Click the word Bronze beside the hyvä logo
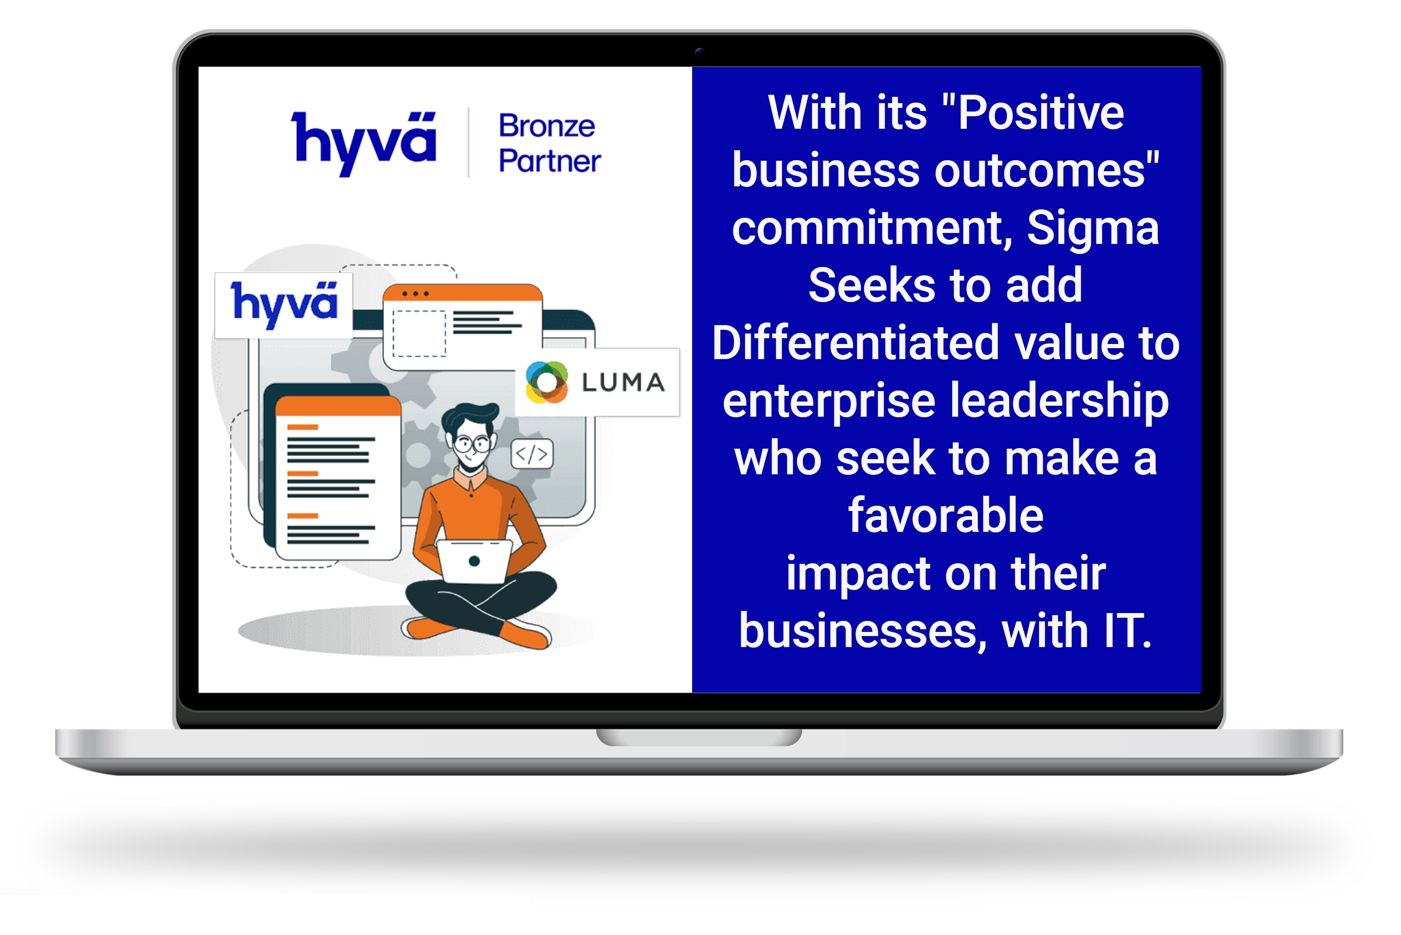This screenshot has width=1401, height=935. click(x=547, y=126)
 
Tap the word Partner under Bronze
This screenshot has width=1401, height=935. click(x=550, y=161)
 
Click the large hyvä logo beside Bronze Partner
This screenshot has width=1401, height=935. click(x=364, y=143)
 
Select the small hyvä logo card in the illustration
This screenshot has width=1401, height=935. click(x=284, y=305)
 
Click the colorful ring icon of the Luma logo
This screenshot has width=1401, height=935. click(x=547, y=382)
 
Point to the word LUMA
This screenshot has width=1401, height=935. click(x=623, y=382)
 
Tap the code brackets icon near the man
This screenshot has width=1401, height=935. click(x=532, y=454)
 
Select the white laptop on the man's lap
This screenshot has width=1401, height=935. click(x=474, y=561)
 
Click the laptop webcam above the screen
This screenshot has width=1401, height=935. click(x=699, y=52)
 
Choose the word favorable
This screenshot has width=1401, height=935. click(x=946, y=515)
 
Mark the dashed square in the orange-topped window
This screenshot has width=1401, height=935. click(x=419, y=333)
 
